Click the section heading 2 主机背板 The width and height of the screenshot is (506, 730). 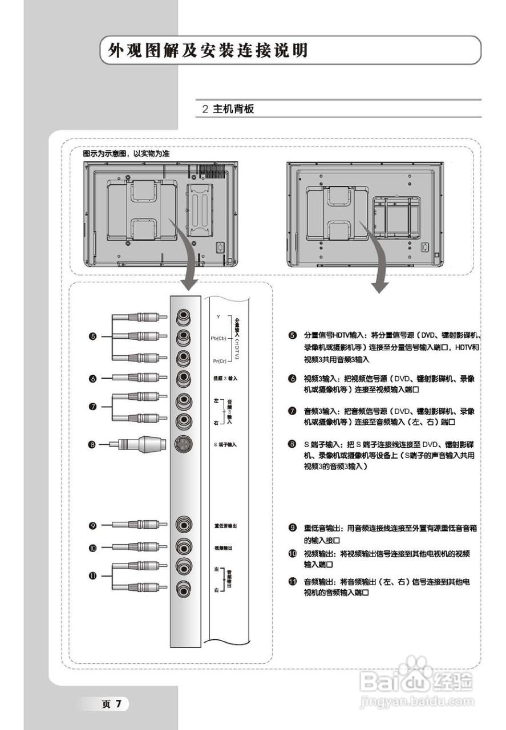click(x=228, y=109)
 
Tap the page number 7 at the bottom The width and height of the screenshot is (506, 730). click(x=119, y=703)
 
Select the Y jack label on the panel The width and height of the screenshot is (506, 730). click(x=218, y=315)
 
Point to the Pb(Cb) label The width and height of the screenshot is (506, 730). click(x=219, y=338)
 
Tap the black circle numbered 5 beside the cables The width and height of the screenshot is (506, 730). click(x=93, y=337)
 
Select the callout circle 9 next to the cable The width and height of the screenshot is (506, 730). click(x=93, y=525)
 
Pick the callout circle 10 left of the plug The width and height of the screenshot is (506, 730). click(x=93, y=547)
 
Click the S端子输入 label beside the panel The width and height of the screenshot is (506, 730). click(x=225, y=444)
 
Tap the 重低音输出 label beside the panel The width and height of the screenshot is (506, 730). click(x=225, y=525)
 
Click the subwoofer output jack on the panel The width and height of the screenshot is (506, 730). click(x=184, y=525)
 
